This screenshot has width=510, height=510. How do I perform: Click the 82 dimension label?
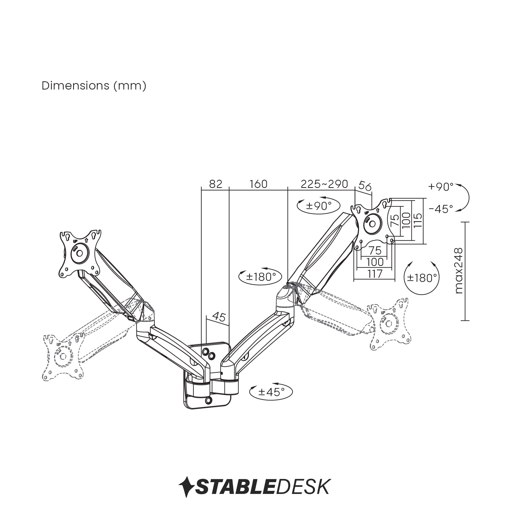[216, 184]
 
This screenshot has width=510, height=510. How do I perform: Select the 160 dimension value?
[258, 184]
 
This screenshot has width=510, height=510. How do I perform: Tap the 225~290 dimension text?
[324, 184]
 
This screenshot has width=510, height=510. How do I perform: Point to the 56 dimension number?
[365, 186]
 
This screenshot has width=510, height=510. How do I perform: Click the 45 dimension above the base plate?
[219, 316]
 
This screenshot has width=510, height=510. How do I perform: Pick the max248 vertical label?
[459, 271]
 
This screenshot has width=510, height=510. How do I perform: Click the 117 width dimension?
[375, 274]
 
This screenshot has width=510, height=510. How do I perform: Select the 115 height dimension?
[418, 220]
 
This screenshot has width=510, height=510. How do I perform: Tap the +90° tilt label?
[441, 187]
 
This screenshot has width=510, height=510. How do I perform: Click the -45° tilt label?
[441, 209]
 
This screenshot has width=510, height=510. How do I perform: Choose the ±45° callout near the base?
[271, 392]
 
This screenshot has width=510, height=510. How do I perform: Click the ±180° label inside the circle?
[422, 278]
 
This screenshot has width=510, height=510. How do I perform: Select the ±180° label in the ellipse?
[261, 277]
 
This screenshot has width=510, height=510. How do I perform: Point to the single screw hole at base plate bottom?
[209, 400]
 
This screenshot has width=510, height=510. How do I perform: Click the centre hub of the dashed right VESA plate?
[389, 323]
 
